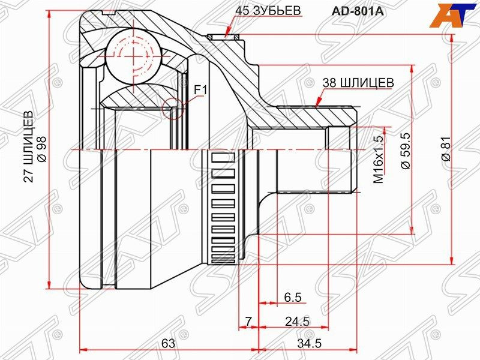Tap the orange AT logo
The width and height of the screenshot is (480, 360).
pos(454,14)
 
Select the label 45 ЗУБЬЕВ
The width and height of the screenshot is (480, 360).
pos(268,11)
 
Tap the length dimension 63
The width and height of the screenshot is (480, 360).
pos(168,344)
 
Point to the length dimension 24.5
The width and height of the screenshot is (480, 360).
pos(297,322)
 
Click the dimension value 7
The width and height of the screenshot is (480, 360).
pos(248,322)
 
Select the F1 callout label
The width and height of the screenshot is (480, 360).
pos(200,91)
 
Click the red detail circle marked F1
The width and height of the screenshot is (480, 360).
pos(172,109)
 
